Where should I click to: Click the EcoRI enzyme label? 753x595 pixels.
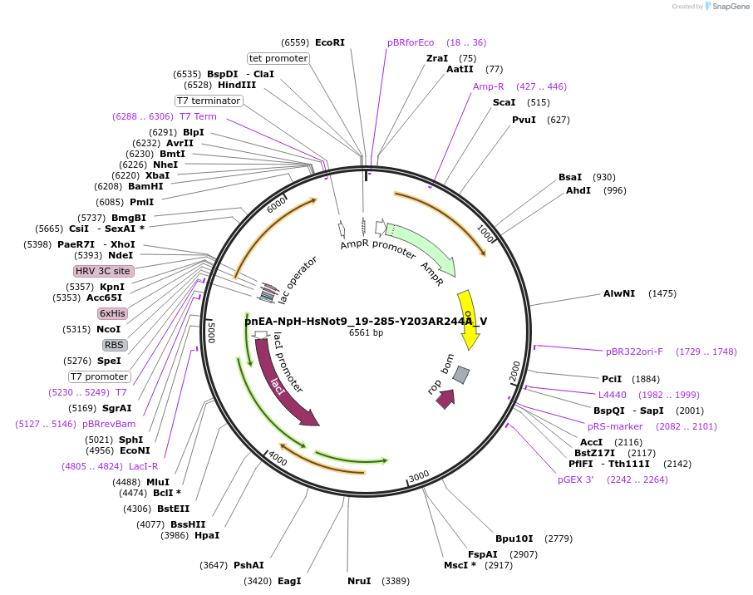(x=329, y=42)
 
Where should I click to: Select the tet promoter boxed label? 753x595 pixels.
(x=278, y=58)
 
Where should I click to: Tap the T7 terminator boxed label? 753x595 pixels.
(x=209, y=101)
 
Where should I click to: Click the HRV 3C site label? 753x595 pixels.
(x=103, y=271)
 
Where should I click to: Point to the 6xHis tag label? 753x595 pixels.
(x=112, y=313)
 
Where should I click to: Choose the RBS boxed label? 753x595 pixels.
(x=115, y=345)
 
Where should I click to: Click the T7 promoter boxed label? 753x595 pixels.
(x=100, y=376)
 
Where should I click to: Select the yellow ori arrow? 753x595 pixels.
(x=469, y=319)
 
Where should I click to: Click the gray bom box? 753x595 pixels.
(x=461, y=375)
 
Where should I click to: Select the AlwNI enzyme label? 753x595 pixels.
(x=619, y=293)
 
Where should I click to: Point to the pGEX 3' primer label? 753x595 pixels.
(x=576, y=479)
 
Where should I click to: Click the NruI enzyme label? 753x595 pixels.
(x=359, y=581)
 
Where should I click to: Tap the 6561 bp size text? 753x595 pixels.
(x=366, y=332)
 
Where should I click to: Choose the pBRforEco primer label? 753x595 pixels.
(x=411, y=42)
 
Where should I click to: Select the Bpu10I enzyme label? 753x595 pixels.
(x=514, y=538)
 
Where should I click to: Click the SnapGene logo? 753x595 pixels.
(x=726, y=7)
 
